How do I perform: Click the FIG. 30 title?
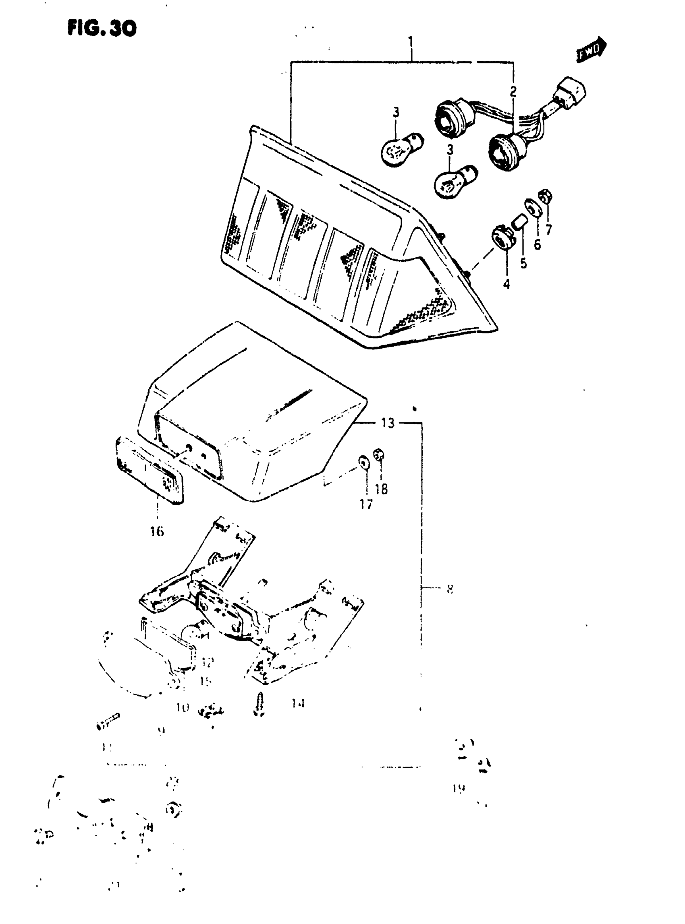click(102, 28)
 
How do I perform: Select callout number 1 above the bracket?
click(411, 42)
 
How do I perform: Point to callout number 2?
click(513, 91)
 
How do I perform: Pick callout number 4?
click(506, 285)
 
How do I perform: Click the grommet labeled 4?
click(502, 238)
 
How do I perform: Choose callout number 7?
click(549, 229)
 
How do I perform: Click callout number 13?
click(388, 423)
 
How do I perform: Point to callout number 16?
click(157, 531)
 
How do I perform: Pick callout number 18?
click(381, 489)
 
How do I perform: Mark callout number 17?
click(366, 504)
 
